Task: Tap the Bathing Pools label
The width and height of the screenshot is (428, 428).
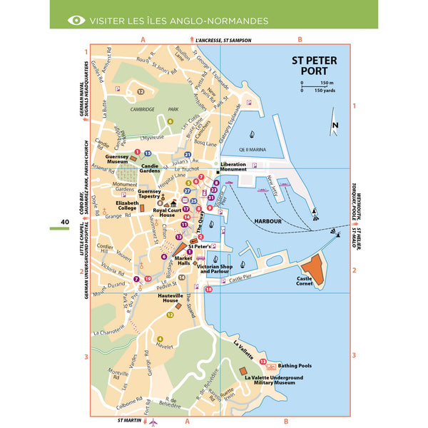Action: [x=295, y=365]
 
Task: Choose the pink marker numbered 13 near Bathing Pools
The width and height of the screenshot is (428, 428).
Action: [x=263, y=362]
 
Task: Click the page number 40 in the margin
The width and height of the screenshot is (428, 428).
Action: [x=64, y=223]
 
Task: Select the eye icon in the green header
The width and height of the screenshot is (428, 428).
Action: [x=76, y=20]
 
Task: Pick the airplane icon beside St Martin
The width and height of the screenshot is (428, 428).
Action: [x=153, y=422]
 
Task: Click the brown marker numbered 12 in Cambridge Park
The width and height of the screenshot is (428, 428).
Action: [x=141, y=92]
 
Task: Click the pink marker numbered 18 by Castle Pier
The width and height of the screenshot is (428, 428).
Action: [x=209, y=289]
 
